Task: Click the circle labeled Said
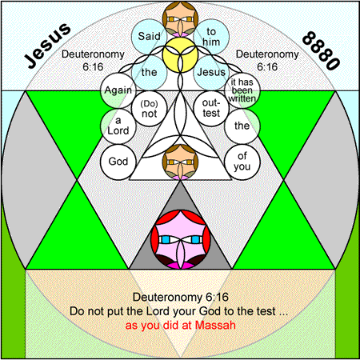[149, 37]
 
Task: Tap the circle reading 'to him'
[211, 37]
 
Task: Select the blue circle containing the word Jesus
[211, 72]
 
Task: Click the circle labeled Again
[118, 90]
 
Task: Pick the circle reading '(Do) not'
[149, 108]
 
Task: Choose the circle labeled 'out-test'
[211, 108]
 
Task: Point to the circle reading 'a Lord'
[118, 126]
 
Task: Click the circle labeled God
[118, 162]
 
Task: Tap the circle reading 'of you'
[242, 162]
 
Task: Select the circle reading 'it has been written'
[242, 90]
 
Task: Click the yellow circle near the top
[180, 54]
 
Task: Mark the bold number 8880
[322, 50]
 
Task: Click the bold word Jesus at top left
[47, 46]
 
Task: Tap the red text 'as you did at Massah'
[181, 326]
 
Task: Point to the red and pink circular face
[180, 239]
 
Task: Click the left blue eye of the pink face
[166, 239]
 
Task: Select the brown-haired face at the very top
[180, 19]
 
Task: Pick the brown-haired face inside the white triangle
[180, 162]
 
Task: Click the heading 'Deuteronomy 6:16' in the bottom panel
[181, 297]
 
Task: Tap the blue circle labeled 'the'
[149, 72]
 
